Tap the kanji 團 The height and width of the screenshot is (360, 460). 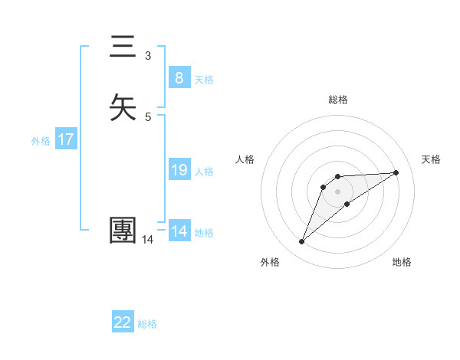pyautogui.click(x=123, y=231)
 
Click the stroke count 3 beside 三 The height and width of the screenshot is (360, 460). pyautogui.click(x=148, y=55)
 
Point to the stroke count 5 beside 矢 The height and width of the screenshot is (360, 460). pyautogui.click(x=148, y=116)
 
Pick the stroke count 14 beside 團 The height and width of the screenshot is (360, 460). pyautogui.click(x=148, y=240)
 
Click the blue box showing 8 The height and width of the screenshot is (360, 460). pyautogui.click(x=179, y=77)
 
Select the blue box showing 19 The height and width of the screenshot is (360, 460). pyautogui.click(x=179, y=170)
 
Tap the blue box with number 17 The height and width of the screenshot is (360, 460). pyautogui.click(x=65, y=139)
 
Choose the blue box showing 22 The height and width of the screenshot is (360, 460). pyautogui.click(x=123, y=322)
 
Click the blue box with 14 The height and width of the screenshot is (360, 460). pyautogui.click(x=179, y=231)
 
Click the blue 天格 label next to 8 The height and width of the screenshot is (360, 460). pyautogui.click(x=204, y=80)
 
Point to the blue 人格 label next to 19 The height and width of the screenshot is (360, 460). pyautogui.click(x=204, y=172)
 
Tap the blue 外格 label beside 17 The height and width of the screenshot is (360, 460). pyautogui.click(x=41, y=141)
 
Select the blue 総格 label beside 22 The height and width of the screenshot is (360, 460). pyautogui.click(x=147, y=325)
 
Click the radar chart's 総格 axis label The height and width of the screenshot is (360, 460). pyautogui.click(x=338, y=100)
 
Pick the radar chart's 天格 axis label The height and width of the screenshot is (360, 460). pyautogui.click(x=432, y=159)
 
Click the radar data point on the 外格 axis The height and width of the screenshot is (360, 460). pyautogui.click(x=302, y=242)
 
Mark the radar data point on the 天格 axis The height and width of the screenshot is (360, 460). pyautogui.click(x=396, y=172)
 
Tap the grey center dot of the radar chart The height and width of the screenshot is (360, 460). pyautogui.click(x=338, y=191)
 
